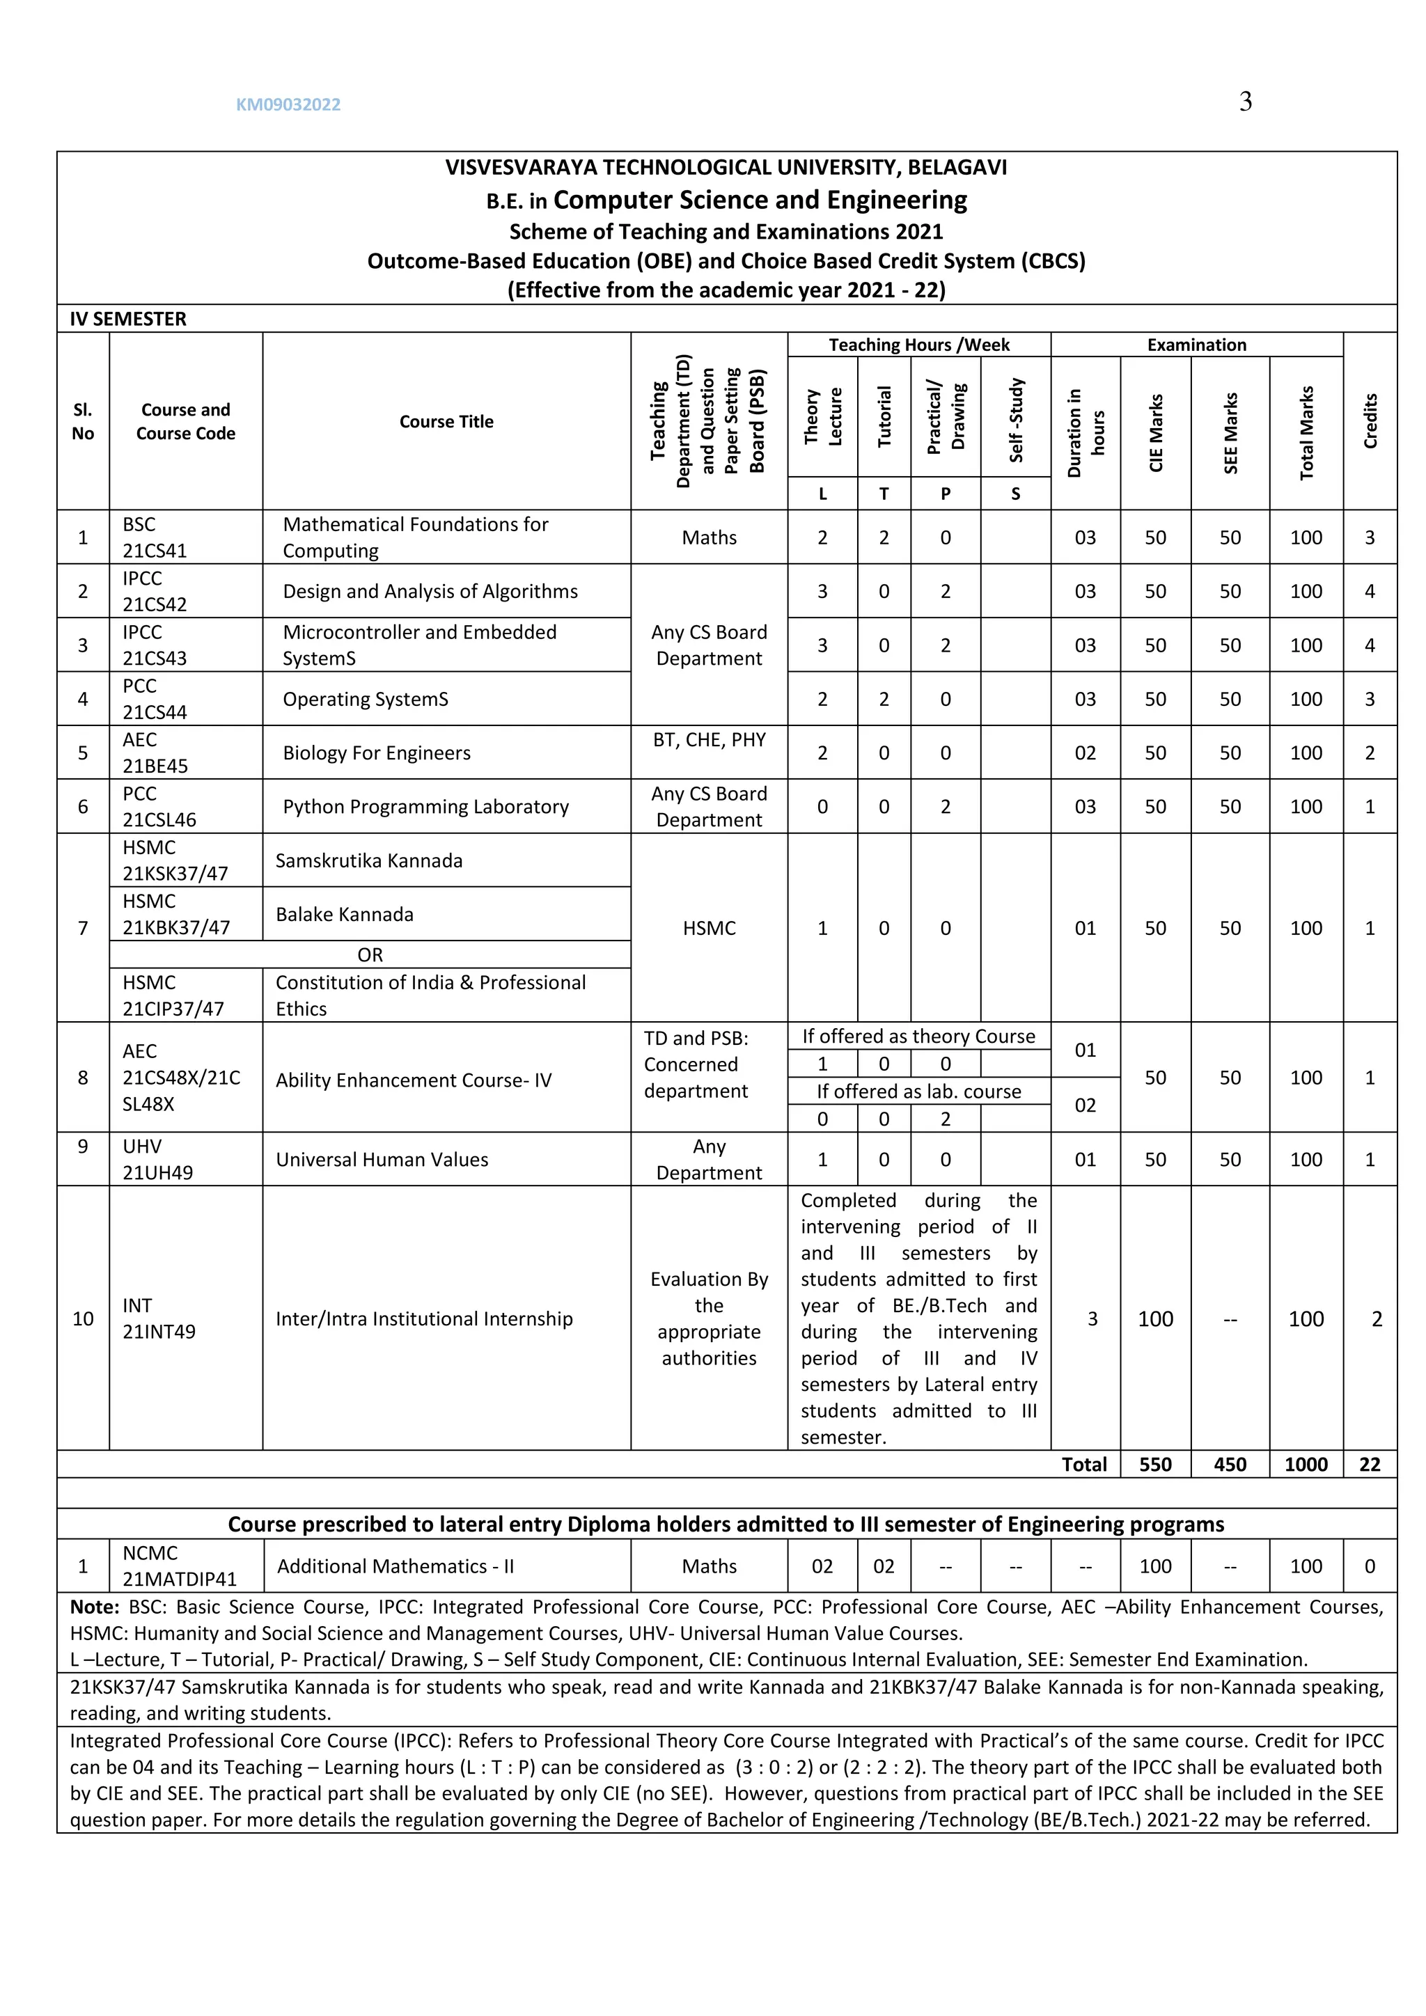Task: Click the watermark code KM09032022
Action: coord(288,104)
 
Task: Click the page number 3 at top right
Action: coord(1245,102)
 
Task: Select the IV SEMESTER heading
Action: coord(128,319)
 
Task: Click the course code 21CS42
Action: coord(155,604)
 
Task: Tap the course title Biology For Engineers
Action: coord(376,753)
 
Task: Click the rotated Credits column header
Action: coord(1370,421)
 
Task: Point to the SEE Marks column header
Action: coord(1230,433)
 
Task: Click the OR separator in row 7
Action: coord(370,954)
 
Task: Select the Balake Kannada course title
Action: coord(344,914)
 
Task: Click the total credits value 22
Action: coord(1369,1464)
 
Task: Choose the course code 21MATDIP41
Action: coord(179,1579)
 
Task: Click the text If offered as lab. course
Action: coord(918,1091)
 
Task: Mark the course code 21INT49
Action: coord(159,1331)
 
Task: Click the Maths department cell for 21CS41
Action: coord(709,537)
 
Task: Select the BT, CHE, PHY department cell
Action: coord(709,739)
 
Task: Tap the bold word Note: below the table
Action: coord(94,1607)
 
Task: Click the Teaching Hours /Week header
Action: coord(918,344)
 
